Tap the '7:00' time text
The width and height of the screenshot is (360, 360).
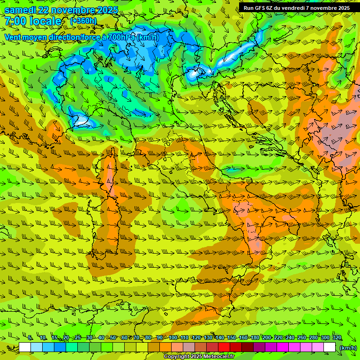[15, 21]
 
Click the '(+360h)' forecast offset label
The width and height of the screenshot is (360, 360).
[83, 21]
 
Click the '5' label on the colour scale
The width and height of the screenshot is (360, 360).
[30, 337]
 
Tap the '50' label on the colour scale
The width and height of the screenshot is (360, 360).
[113, 337]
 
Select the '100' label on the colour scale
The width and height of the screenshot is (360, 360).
[173, 337]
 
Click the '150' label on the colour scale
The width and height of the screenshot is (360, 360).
[232, 337]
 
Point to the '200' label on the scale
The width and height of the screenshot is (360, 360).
[267, 337]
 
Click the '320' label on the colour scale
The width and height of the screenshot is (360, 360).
[337, 337]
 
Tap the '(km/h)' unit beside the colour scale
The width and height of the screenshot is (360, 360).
[348, 347]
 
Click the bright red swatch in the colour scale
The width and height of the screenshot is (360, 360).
[224, 347]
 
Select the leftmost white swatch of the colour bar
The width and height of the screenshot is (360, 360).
[25, 347]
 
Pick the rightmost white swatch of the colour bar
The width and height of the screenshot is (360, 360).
[330, 347]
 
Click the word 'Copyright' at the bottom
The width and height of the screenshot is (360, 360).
[177, 357]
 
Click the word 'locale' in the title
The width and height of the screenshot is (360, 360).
[45, 21]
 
